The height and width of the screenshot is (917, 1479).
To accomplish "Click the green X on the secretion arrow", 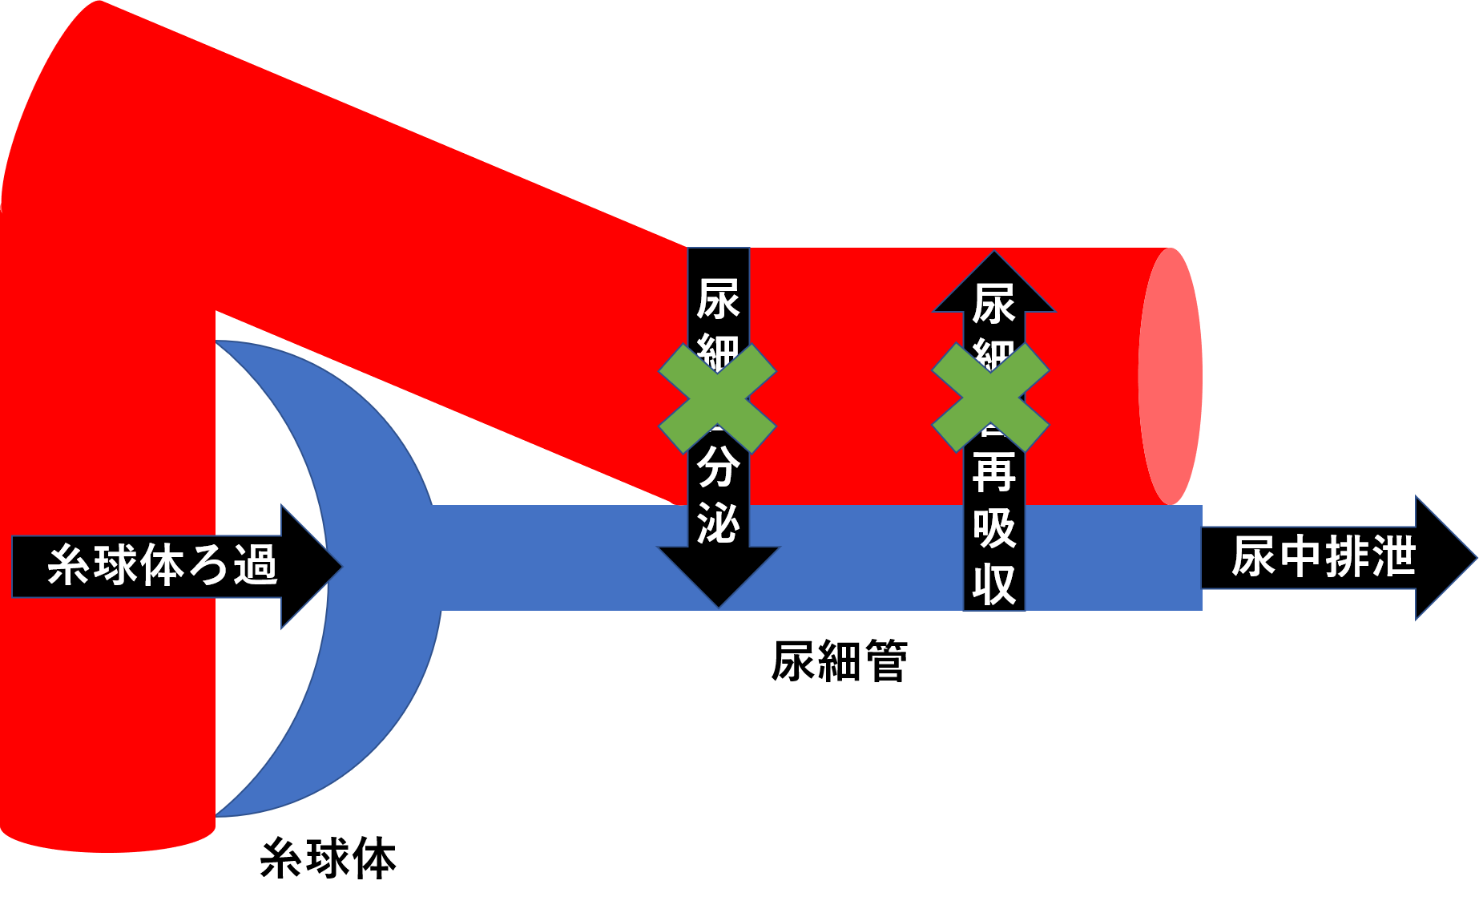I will pyautogui.click(x=717, y=398).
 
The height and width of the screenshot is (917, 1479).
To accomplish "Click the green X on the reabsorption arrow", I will pyautogui.click(x=991, y=398).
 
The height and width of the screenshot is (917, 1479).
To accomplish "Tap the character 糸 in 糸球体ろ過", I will pyautogui.click(x=69, y=565).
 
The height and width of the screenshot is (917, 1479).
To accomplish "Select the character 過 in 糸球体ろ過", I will pyautogui.click(x=256, y=565).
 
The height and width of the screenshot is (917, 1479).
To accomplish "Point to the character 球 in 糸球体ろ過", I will pyautogui.click(x=115, y=565).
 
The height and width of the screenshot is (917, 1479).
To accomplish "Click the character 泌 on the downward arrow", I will pyautogui.click(x=719, y=525).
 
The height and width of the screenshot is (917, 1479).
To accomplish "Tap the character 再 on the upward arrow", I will pyautogui.click(x=993, y=473).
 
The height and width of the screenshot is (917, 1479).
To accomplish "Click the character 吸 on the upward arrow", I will pyautogui.click(x=993, y=529).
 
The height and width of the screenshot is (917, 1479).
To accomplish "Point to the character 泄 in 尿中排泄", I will pyautogui.click(x=1393, y=557).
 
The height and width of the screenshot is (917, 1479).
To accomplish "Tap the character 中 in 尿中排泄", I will pyautogui.click(x=1300, y=557).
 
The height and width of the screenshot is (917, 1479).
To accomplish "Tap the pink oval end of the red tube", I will pyautogui.click(x=1171, y=377).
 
